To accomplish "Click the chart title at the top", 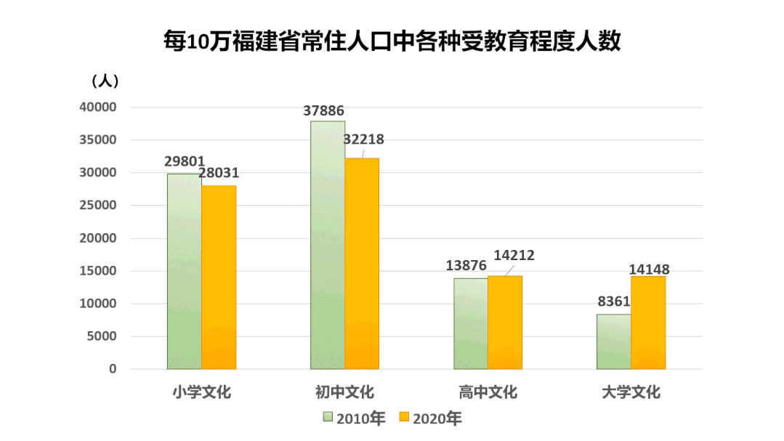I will (392, 41).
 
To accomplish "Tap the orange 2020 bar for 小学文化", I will (219, 277).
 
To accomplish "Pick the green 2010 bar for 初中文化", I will (327, 245).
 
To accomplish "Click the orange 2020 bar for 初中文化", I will (362, 263).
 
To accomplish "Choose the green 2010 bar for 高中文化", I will (470, 323).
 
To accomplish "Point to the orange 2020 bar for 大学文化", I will (648, 323).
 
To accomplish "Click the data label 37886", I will (324, 111).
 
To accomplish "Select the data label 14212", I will (514, 255).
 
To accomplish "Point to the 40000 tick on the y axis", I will (98, 108).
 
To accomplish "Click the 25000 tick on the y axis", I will (98, 206).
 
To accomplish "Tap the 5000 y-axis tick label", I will (102, 336).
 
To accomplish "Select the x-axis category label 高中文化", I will (488, 392).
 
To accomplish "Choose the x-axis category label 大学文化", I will (631, 392).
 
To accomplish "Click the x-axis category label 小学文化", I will (201, 392).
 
